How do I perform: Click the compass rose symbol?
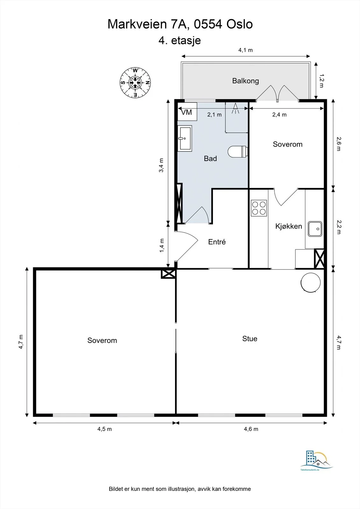pyautogui.click(x=135, y=82)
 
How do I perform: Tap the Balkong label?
pyautogui.click(x=245, y=81)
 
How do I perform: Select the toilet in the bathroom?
pyautogui.click(x=238, y=151)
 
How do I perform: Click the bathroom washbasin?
pyautogui.click(x=185, y=138)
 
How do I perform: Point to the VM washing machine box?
pyautogui.click(x=187, y=112)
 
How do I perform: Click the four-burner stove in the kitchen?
pyautogui.click(x=259, y=208)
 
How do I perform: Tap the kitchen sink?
pyautogui.click(x=315, y=229)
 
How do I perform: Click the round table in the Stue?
pyautogui.click(x=310, y=282)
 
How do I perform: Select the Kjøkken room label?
pyautogui.click(x=289, y=226)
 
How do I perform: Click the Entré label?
pyautogui.click(x=217, y=242)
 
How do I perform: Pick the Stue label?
pyautogui.click(x=250, y=338)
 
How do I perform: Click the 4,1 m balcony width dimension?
pyautogui.click(x=245, y=50)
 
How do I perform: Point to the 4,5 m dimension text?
pyautogui.click(x=105, y=429)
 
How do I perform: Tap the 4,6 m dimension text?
pyautogui.click(x=251, y=429)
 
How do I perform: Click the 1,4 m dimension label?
pyautogui.click(x=162, y=245)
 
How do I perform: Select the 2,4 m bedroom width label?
pyautogui.click(x=279, y=115)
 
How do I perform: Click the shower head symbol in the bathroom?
pyautogui.click(x=235, y=108)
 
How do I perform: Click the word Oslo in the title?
pyautogui.click(x=239, y=24)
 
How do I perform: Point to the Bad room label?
pyautogui.click(x=210, y=158)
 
